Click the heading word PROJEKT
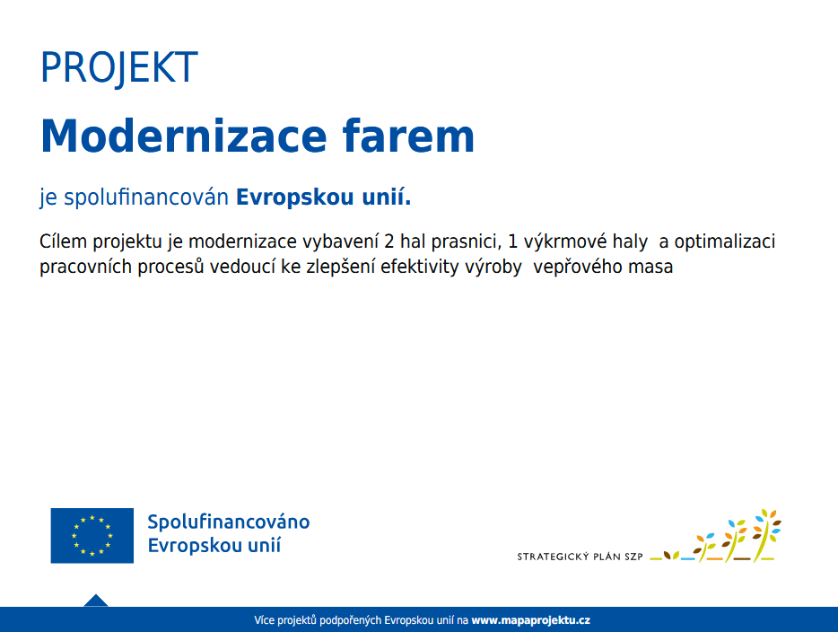119,68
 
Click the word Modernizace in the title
183,136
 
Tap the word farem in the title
408,136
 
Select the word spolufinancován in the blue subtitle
146,197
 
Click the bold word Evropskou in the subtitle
295,197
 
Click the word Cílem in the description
63,241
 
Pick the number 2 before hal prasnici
389,241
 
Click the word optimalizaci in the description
725,241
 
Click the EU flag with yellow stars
92,535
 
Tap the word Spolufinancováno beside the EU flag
229,522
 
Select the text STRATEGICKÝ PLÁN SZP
580,557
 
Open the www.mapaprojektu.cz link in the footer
530,620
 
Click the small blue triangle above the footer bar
96,601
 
